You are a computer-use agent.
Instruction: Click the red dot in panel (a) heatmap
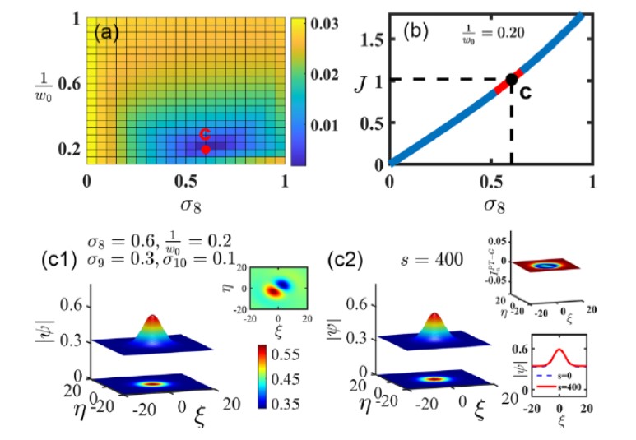click(206, 149)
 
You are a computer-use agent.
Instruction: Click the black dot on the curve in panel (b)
click(511, 79)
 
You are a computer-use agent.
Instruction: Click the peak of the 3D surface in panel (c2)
click(435, 317)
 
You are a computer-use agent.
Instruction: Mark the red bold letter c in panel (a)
click(206, 133)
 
